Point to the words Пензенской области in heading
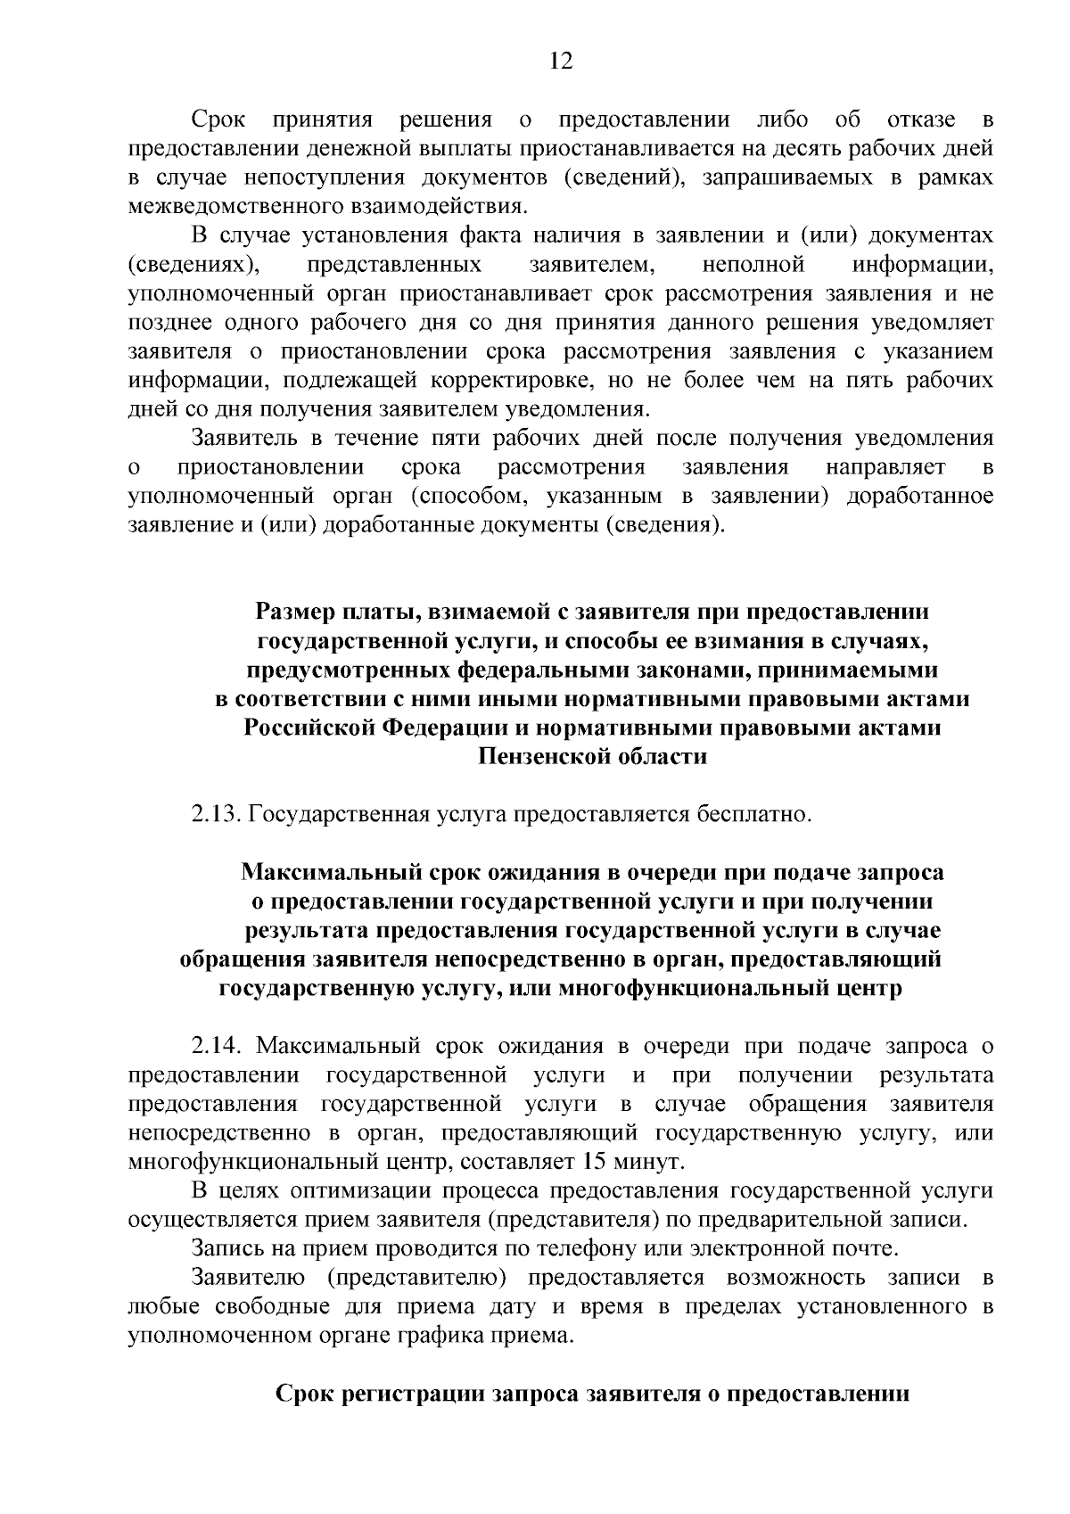(593, 757)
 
